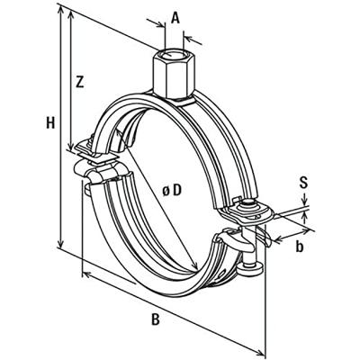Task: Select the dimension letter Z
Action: [80, 83]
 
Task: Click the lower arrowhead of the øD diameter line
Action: [197, 267]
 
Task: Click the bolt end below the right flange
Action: [250, 265]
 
